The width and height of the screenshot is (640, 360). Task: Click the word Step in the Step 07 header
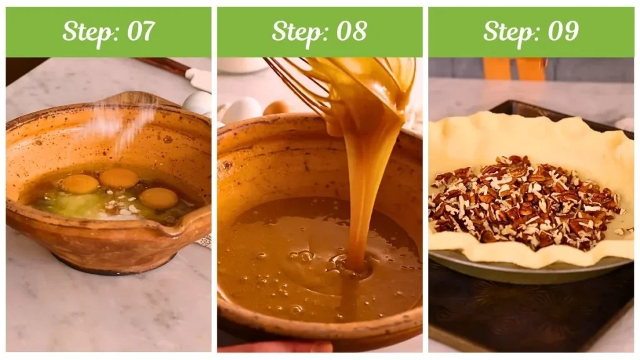pos(86,32)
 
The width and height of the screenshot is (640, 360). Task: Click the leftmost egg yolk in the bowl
pos(79,184)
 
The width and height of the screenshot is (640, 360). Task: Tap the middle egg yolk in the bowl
pos(119,178)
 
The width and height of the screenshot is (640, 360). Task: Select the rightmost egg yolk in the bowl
pos(158,198)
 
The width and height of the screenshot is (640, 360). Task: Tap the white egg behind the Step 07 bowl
pos(198,102)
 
